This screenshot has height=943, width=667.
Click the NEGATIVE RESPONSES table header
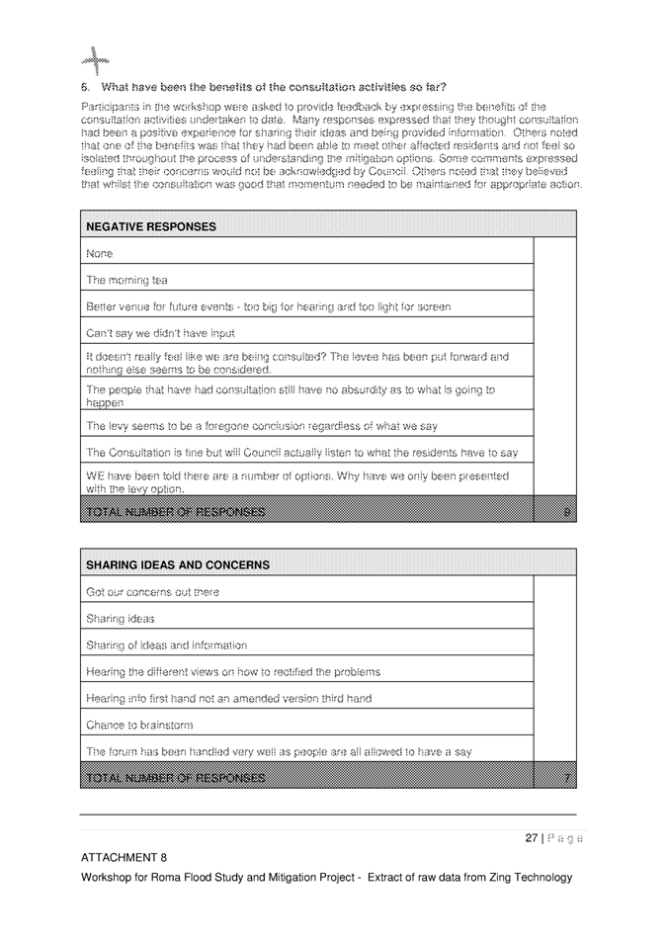pyautogui.click(x=151, y=226)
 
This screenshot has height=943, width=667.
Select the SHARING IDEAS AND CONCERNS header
pyautogui.click(x=178, y=565)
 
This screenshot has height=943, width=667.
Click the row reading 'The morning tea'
pyautogui.click(x=126, y=280)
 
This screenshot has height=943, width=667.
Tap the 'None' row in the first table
pyautogui.click(x=100, y=254)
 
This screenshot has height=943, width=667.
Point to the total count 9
pyautogui.click(x=564, y=512)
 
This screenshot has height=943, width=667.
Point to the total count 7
pyautogui.click(x=566, y=778)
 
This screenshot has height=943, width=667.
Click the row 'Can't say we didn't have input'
pyautogui.click(x=161, y=333)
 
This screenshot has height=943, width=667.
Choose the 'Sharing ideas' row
pyautogui.click(x=121, y=619)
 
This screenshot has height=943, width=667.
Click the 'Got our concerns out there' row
pyautogui.click(x=153, y=592)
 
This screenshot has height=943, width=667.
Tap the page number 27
pyautogui.click(x=531, y=838)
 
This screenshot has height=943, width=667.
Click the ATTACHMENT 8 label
pyautogui.click(x=125, y=857)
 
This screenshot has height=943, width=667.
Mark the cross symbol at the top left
pyautogui.click(x=94, y=61)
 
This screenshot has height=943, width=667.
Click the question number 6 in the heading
pyautogui.click(x=85, y=88)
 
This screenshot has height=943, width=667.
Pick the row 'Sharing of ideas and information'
pyautogui.click(x=167, y=645)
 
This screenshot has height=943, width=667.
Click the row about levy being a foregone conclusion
pyautogui.click(x=262, y=426)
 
